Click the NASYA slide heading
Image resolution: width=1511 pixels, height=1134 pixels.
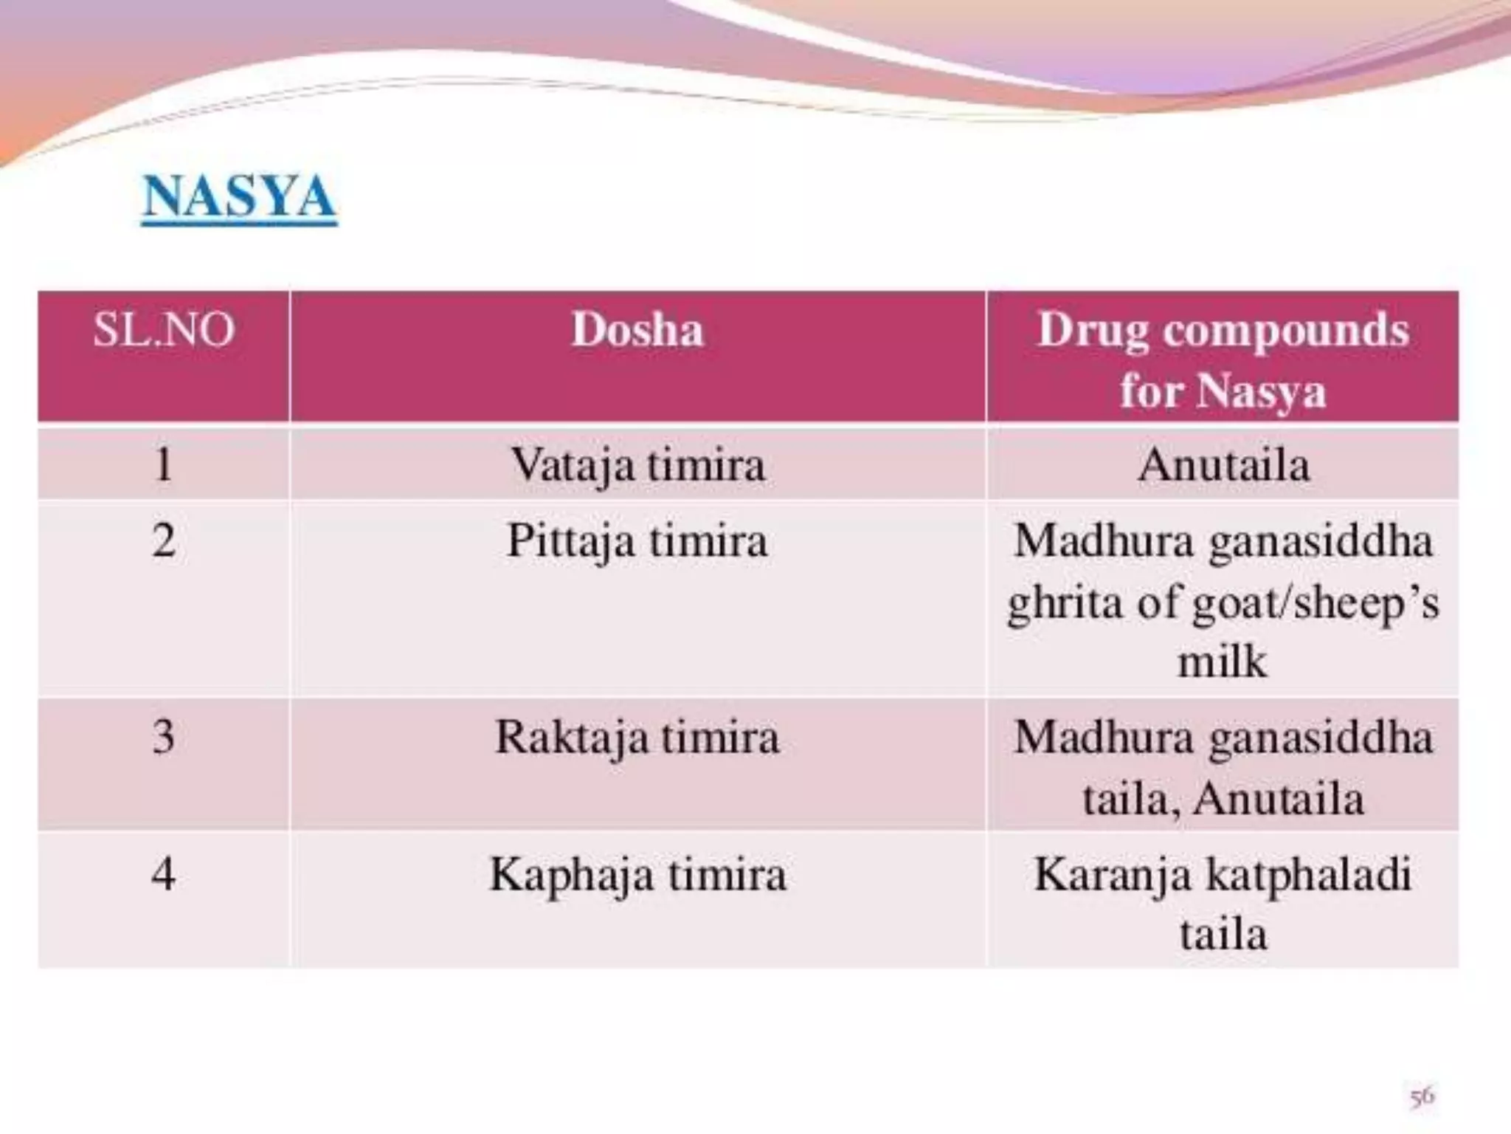(239, 196)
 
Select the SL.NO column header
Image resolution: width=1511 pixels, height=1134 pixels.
(164, 329)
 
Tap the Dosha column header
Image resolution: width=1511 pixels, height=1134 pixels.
(637, 329)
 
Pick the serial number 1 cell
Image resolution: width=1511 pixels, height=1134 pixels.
(164, 465)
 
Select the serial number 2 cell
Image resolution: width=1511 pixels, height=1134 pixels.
(164, 541)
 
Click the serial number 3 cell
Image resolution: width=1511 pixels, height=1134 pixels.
(164, 737)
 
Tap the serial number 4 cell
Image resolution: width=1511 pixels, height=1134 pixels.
(164, 874)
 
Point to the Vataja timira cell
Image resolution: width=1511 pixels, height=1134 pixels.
(637, 465)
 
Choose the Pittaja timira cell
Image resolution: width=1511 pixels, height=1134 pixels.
(637, 541)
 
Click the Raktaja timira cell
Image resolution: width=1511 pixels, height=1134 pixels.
(637, 737)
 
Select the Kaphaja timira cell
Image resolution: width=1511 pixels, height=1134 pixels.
(637, 874)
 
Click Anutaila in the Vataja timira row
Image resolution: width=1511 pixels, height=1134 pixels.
(1223, 465)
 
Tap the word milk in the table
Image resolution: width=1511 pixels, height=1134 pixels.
(1223, 661)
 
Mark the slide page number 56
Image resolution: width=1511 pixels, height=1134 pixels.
(1422, 1096)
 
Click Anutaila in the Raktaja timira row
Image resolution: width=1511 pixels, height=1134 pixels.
(1279, 798)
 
